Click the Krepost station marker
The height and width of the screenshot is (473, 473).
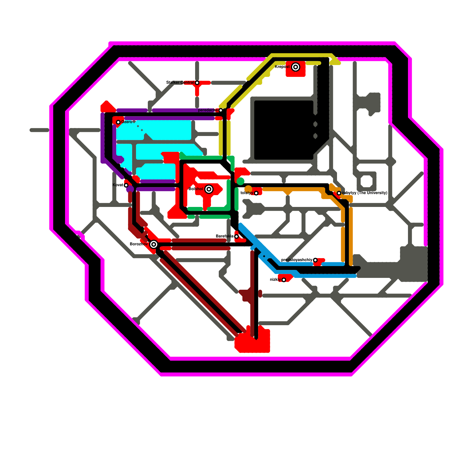click(x=295, y=67)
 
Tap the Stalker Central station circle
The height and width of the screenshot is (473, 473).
click(x=197, y=83)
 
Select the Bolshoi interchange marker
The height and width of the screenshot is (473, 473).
click(x=209, y=189)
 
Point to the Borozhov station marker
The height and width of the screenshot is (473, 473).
click(x=153, y=244)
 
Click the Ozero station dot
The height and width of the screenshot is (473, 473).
click(x=118, y=122)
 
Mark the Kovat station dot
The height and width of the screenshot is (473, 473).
click(x=126, y=185)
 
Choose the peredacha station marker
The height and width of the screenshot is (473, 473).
click(x=221, y=110)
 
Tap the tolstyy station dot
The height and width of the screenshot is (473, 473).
click(x=256, y=193)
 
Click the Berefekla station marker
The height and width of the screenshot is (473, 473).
click(x=237, y=237)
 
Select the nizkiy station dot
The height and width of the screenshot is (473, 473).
click(x=284, y=280)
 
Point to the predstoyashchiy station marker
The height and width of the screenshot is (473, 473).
click(x=315, y=260)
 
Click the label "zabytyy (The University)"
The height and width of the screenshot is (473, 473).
click(x=365, y=193)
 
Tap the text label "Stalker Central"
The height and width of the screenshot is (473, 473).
click(x=180, y=82)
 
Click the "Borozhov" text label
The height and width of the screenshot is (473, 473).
click(x=139, y=244)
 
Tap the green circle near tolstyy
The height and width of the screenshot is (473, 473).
click(x=240, y=181)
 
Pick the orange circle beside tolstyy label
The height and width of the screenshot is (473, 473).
click(x=248, y=189)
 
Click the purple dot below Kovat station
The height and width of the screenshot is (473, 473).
click(x=130, y=189)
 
